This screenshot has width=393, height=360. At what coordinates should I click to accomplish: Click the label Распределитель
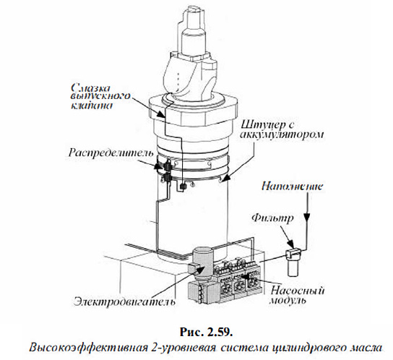pyautogui.click(x=111, y=153)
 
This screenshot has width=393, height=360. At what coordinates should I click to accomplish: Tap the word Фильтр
pyautogui.click(x=272, y=218)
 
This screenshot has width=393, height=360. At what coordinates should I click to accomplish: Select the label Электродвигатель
pyautogui.click(x=124, y=301)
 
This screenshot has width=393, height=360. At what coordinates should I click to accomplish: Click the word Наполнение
pyautogui.click(x=292, y=187)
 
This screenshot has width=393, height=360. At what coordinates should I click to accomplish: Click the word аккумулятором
pyautogui.click(x=282, y=135)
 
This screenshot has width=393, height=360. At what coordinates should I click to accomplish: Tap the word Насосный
pyautogui.click(x=297, y=291)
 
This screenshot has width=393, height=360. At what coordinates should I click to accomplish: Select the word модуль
pyautogui.click(x=288, y=300)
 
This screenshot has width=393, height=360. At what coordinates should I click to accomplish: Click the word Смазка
pyautogui.click(x=91, y=87)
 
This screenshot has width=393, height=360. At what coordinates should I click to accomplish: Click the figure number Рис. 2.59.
pyautogui.click(x=207, y=332)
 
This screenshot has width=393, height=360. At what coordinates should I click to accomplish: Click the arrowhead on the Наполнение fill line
pyautogui.click(x=307, y=218)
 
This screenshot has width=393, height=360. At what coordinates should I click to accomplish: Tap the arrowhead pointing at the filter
pyautogui.click(x=290, y=244)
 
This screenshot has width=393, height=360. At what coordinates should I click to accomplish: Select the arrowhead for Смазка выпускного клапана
pyautogui.click(x=160, y=114)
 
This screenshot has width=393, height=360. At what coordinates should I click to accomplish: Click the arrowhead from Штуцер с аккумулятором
pyautogui.click(x=225, y=178)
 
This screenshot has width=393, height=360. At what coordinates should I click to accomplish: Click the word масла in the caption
pyautogui.click(x=366, y=348)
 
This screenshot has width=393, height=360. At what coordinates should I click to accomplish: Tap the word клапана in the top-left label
pyautogui.click(x=91, y=106)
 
